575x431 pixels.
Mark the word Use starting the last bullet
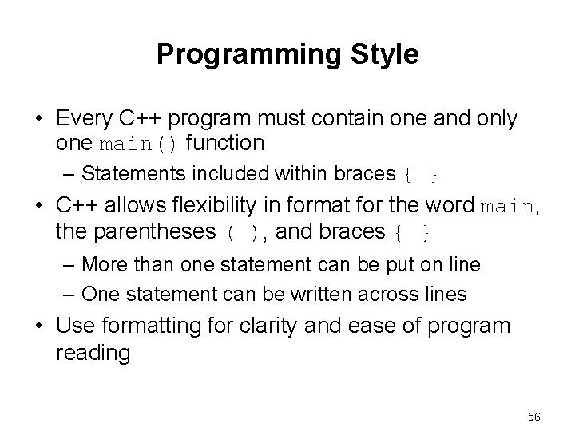pyautogui.click(x=73, y=327)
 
